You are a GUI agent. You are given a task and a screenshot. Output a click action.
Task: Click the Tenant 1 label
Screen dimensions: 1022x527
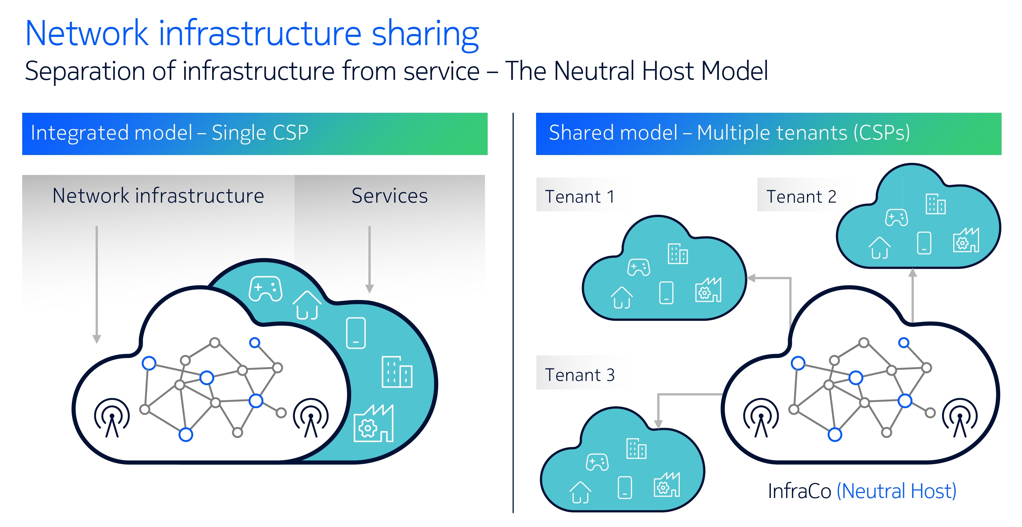(580, 197)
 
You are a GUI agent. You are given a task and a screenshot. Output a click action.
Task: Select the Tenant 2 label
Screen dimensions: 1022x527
(801, 197)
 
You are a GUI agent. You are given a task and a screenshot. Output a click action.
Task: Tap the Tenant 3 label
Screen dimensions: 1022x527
(580, 375)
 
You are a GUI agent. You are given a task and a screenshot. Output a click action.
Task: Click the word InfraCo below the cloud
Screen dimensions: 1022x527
(799, 491)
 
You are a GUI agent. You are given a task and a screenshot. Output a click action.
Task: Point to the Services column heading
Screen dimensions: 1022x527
(390, 195)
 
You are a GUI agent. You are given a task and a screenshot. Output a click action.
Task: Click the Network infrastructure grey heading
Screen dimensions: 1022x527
(158, 195)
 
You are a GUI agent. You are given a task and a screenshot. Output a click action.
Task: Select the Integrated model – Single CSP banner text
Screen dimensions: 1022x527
(169, 133)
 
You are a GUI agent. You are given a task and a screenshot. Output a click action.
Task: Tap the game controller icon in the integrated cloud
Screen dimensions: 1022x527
(266, 289)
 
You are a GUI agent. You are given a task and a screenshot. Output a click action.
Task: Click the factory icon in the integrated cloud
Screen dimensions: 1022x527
(373, 423)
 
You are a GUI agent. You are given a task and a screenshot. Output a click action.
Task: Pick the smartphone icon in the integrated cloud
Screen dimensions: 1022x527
(356, 333)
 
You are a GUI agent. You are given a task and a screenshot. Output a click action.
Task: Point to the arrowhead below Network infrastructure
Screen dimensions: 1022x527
(96, 339)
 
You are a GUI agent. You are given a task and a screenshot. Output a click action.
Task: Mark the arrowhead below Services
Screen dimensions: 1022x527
(369, 289)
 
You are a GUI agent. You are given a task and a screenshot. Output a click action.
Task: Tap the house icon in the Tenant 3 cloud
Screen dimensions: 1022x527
(581, 493)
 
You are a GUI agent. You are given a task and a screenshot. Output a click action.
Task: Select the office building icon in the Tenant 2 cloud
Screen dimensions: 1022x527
(936, 204)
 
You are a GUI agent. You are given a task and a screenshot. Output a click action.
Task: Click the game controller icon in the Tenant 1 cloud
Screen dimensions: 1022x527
(638, 267)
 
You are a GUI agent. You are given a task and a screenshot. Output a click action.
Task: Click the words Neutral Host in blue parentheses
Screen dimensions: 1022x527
(897, 491)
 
